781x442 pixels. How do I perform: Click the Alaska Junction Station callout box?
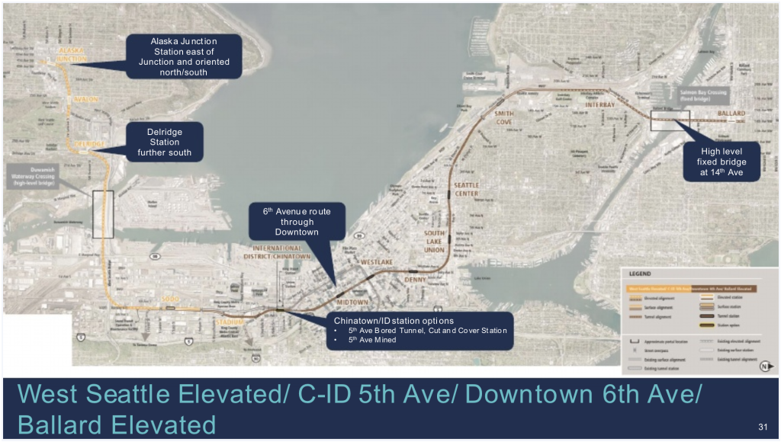(184, 56)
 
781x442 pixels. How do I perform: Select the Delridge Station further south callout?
(164, 143)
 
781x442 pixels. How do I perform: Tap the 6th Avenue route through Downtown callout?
(297, 222)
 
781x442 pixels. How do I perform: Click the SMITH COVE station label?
(504, 117)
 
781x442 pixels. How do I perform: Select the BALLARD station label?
(731, 114)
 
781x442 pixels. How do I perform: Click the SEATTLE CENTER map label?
(466, 189)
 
